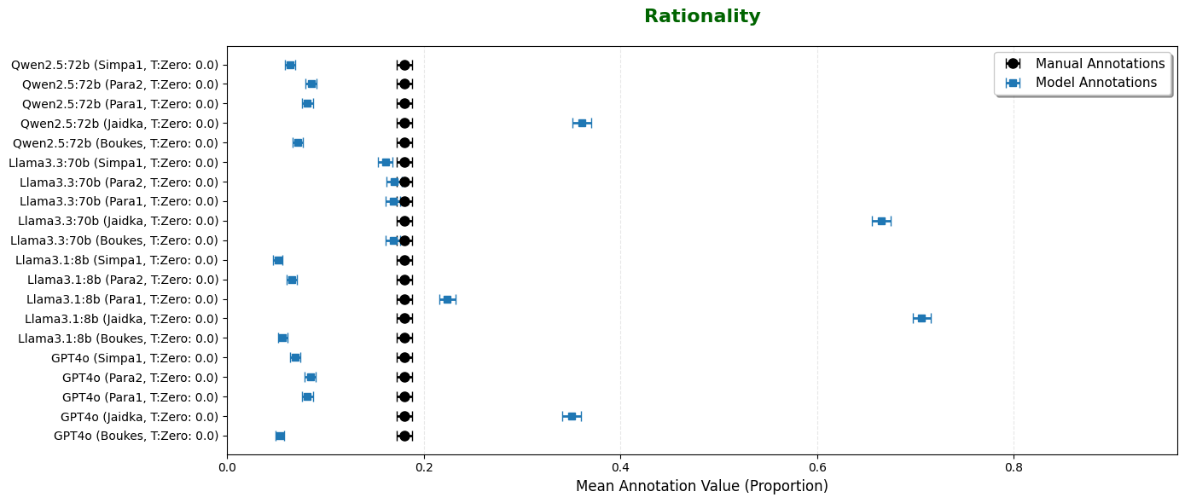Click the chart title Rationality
click(x=701, y=16)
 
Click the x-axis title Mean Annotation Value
click(x=701, y=486)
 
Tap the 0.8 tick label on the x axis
click(x=1014, y=467)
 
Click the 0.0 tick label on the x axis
click(x=227, y=467)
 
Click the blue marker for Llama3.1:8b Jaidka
click(x=921, y=318)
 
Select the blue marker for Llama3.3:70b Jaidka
click(x=881, y=221)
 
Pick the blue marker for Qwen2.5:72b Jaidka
click(x=582, y=123)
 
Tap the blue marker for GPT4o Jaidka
click(x=572, y=416)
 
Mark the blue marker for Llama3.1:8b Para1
click(x=447, y=299)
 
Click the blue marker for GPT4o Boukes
click(x=280, y=436)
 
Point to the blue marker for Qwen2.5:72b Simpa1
click(x=290, y=65)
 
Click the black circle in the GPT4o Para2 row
click(x=404, y=377)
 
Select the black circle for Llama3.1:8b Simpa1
click(x=404, y=260)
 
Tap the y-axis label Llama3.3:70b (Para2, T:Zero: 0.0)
click(x=119, y=182)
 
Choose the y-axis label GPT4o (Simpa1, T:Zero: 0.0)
click(x=135, y=357)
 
